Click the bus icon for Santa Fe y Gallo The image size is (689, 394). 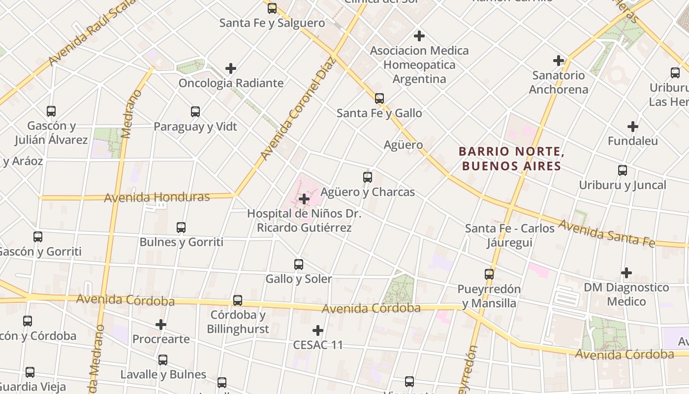[379, 98]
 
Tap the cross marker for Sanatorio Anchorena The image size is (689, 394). [559, 61]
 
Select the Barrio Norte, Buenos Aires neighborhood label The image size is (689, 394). [511, 159]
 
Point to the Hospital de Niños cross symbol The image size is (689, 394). [304, 199]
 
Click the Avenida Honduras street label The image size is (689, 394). [157, 197]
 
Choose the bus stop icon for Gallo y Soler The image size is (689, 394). [298, 264]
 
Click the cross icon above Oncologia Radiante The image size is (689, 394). [230, 68]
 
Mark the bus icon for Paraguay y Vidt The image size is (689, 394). [195, 112]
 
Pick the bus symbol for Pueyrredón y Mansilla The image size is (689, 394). [489, 274]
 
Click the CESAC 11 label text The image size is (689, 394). [318, 345]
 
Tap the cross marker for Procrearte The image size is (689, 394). [161, 325]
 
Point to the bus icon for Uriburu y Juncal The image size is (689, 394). [623, 170]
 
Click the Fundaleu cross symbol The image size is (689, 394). [633, 127]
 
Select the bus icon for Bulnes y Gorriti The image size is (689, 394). [181, 228]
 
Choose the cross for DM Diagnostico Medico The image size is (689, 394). [626, 272]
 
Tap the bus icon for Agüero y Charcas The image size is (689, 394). [367, 177]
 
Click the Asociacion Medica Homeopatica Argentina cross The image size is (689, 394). [419, 36]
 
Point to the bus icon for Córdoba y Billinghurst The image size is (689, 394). [238, 300]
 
